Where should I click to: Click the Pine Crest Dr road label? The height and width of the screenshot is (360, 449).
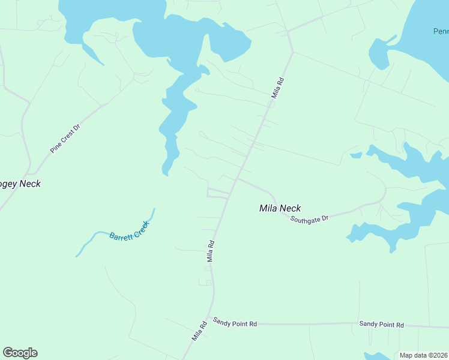(65, 139)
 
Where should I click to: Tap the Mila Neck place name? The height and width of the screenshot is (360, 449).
(280, 208)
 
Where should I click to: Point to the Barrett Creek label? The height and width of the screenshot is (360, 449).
(128, 230)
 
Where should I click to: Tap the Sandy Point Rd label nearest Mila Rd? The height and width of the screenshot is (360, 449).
(235, 323)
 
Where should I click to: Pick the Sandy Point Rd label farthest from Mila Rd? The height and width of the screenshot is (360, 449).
(381, 325)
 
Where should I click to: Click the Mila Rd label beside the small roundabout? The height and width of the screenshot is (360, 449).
(277, 88)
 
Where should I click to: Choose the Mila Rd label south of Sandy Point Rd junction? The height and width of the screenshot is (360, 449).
(199, 331)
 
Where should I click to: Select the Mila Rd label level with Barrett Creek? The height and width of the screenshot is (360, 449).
(211, 251)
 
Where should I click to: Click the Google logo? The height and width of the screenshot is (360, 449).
(20, 353)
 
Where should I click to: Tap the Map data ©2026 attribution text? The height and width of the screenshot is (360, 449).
(423, 355)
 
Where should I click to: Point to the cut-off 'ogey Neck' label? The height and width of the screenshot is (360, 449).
(20, 184)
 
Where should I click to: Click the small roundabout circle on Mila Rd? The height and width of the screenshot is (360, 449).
(271, 104)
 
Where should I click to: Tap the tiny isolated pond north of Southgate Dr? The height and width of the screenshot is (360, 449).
(356, 155)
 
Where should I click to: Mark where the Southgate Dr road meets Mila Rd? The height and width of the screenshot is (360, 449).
(237, 178)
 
